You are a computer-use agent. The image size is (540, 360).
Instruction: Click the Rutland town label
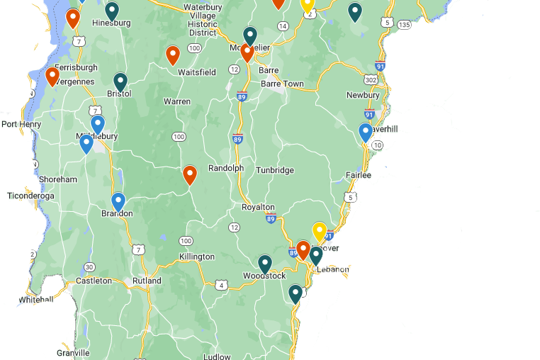pos(147,281)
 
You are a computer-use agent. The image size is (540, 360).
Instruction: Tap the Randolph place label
pos(225,169)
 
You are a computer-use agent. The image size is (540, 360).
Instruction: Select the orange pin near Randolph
pos(190,174)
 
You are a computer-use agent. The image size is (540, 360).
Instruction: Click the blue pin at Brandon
pos(118,202)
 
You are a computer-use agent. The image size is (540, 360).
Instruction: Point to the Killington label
pos(197,257)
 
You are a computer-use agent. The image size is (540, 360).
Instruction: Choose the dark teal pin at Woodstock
pos(265,264)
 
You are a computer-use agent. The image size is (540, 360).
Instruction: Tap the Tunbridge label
pos(275,170)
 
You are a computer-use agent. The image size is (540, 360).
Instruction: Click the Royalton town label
pos(258,208)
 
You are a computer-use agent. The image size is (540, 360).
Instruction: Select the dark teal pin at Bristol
pos(120,82)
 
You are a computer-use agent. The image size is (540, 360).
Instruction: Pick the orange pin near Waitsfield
pos(173,55)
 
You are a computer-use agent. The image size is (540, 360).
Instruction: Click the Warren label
pos(176,101)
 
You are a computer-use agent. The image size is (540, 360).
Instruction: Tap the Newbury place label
pos(363,95)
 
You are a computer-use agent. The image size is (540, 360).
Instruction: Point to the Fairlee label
pos(359,175)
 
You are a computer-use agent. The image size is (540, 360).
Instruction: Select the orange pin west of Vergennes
pos(52,76)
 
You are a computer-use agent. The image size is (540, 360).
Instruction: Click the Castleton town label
pos(94,281)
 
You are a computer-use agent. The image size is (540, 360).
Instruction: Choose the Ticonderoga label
pos(30,196)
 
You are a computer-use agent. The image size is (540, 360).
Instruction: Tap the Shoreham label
pos(58,179)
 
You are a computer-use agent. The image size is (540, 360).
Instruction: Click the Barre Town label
pos(282,84)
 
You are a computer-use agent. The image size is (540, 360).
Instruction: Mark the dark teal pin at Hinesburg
pos(112,11)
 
